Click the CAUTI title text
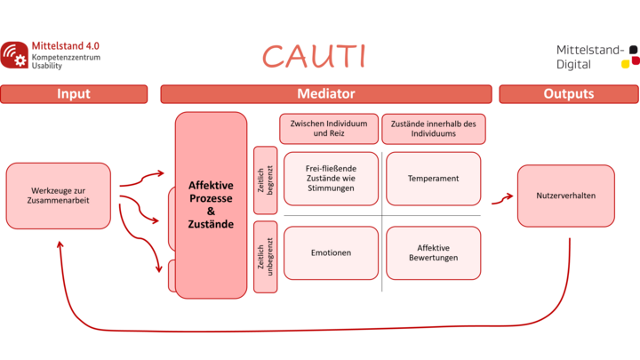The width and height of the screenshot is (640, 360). click(314, 56)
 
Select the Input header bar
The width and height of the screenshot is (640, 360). click(74, 93)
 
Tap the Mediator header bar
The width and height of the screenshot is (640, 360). click(325, 93)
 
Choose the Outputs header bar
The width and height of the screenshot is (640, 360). click(569, 93)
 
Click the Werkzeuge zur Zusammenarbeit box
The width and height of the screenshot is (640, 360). click(59, 196)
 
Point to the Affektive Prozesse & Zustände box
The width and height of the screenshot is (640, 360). click(211, 204)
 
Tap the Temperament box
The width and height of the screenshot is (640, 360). click(433, 179)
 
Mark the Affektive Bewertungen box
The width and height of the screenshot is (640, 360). click(433, 252)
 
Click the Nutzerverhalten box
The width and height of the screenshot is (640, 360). click(566, 196)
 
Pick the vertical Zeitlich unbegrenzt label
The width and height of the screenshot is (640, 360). click(264, 257)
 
